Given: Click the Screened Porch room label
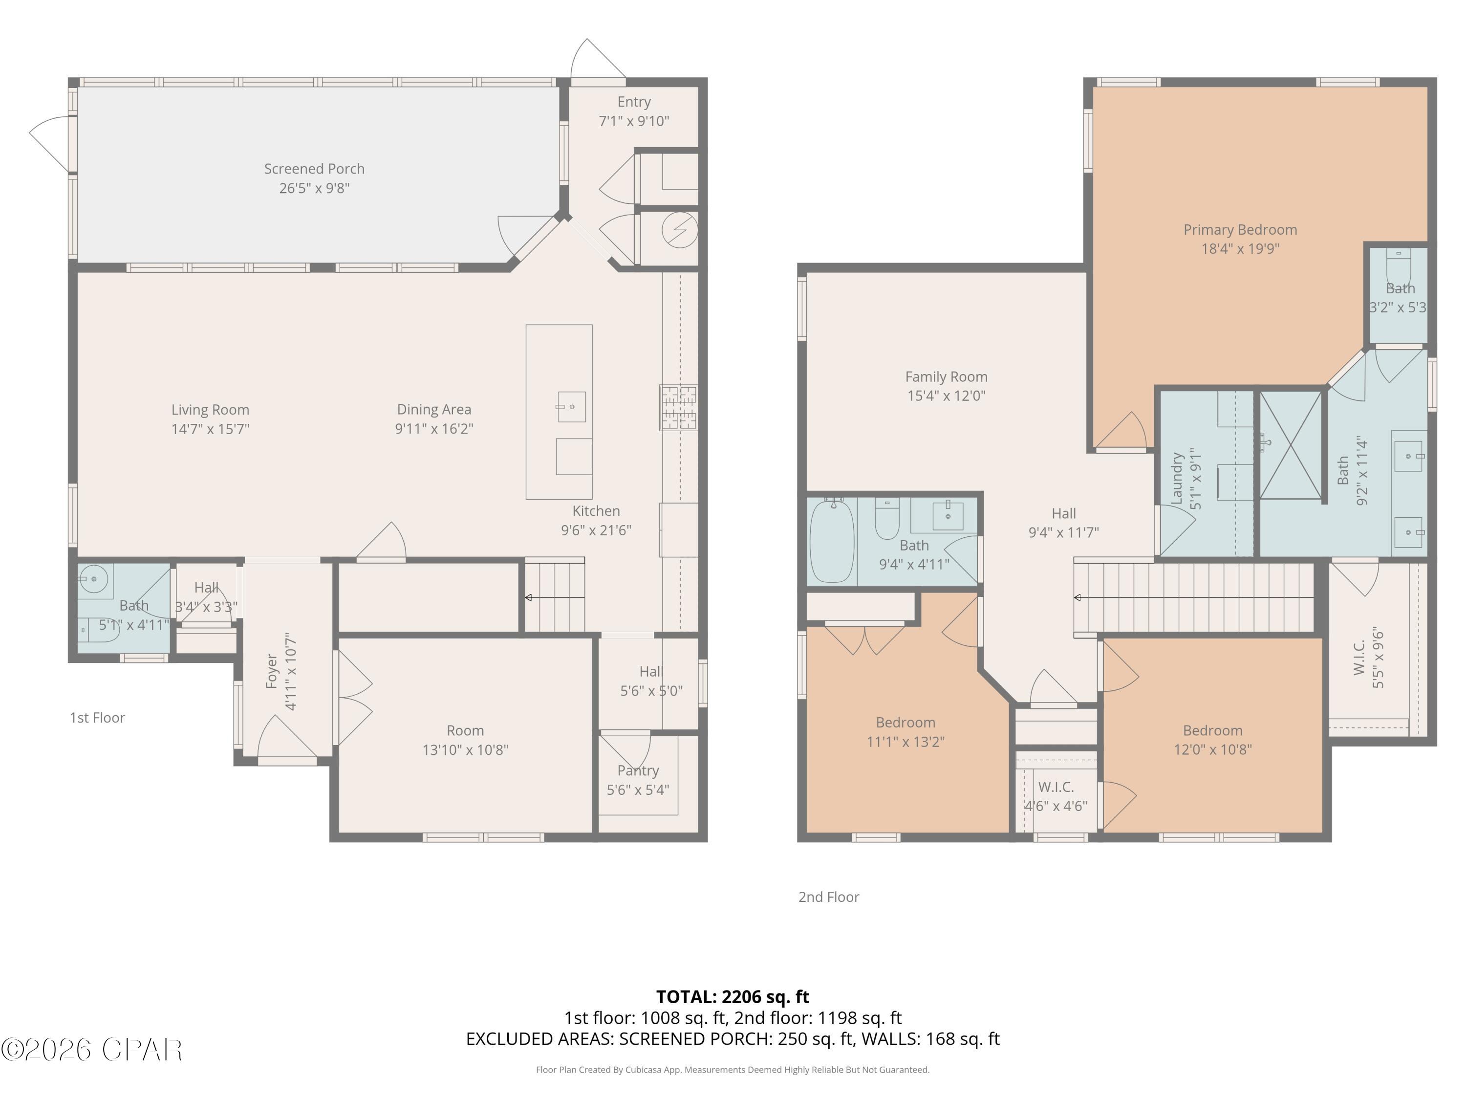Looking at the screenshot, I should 314,169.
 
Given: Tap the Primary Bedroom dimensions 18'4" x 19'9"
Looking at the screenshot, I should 1240,249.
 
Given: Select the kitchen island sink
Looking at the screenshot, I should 571,406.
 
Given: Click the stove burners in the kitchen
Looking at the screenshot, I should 678,407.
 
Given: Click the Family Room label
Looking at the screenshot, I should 946,376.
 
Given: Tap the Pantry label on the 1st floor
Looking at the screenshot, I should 638,770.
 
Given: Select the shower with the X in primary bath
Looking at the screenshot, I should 1291,444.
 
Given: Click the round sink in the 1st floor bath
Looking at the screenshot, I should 94,579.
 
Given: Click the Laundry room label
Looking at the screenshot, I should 1178,479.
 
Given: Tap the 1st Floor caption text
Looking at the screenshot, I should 97,717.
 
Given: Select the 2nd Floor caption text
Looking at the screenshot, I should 828,897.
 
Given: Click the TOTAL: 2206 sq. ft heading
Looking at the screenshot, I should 733,996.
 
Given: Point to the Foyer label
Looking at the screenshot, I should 272,671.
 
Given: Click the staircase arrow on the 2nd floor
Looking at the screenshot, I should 1078,597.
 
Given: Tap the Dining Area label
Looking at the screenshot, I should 433,410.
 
